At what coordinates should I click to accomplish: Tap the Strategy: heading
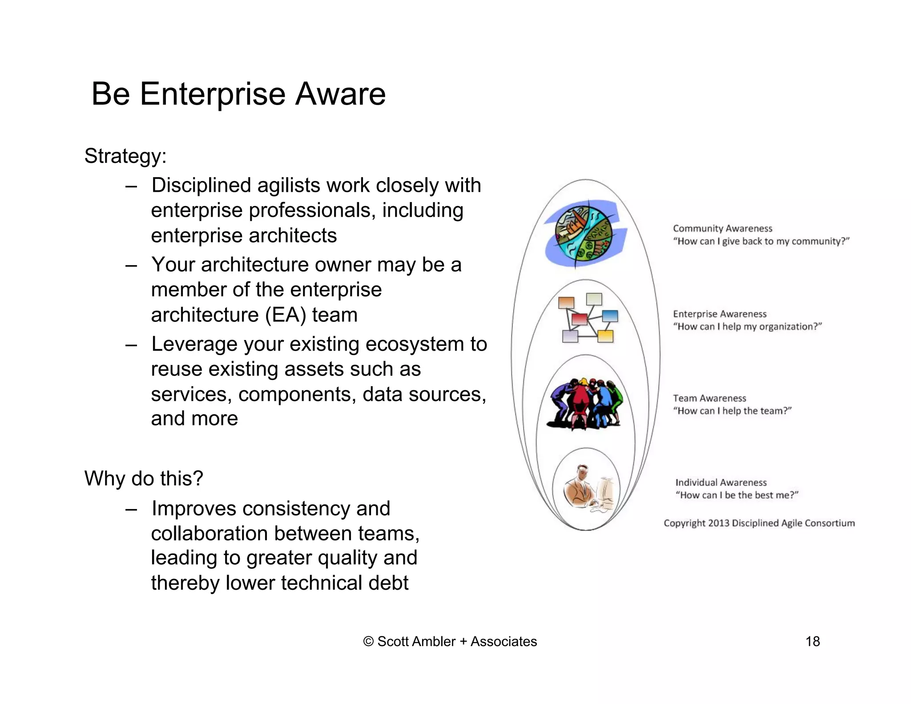(x=125, y=156)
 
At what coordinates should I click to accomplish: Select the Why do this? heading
(x=144, y=479)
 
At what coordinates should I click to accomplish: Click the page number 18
(x=812, y=641)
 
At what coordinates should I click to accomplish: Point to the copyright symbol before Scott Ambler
(x=368, y=641)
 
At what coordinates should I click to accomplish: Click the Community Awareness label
(x=722, y=228)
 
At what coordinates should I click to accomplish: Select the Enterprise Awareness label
(x=719, y=314)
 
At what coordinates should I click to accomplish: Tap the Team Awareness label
(x=709, y=398)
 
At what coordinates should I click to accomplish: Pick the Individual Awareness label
(x=721, y=482)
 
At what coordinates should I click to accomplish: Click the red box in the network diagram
(x=579, y=319)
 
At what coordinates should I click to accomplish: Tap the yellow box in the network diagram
(x=605, y=336)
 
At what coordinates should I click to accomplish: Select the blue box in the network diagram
(x=610, y=316)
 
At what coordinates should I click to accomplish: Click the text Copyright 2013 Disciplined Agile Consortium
(x=759, y=523)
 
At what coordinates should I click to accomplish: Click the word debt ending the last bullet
(x=388, y=583)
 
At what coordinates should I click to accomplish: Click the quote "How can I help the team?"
(x=732, y=411)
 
